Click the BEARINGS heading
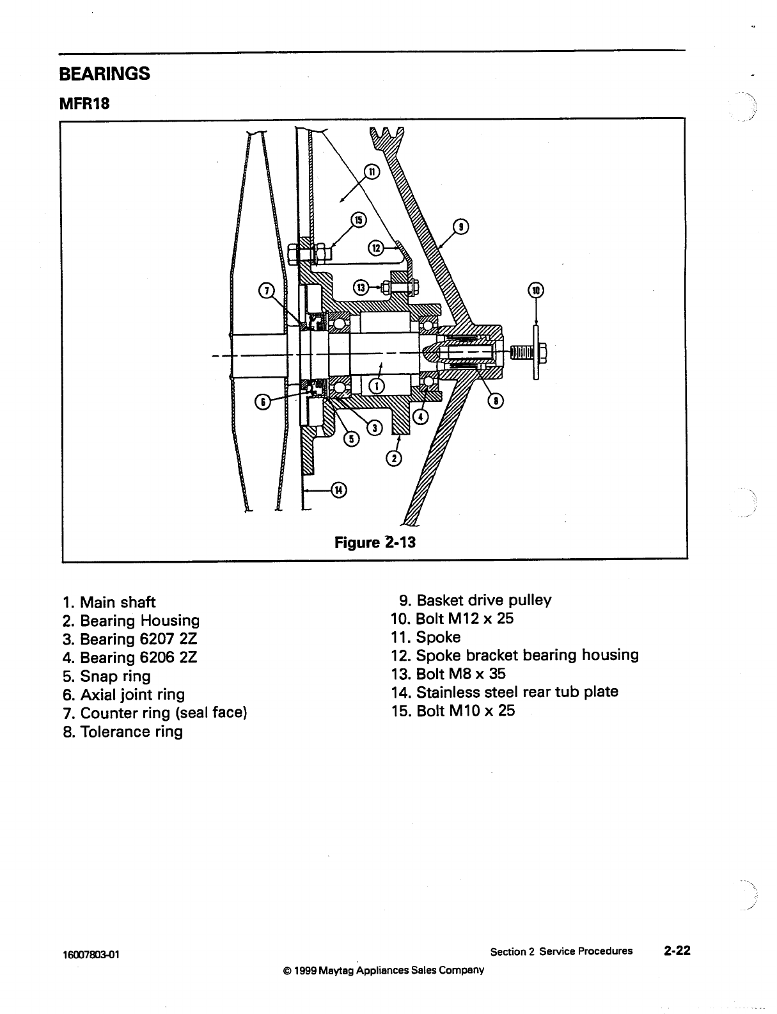tap(104, 74)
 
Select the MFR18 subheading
tap(84, 103)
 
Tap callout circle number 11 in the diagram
tap(372, 171)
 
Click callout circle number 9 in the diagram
tap(460, 227)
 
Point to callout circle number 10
tap(535, 290)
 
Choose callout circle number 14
tap(338, 490)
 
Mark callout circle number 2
tap(395, 458)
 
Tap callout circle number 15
tap(358, 220)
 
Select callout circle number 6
tap(262, 401)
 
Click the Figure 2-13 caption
tap(375, 542)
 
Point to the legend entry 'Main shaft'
tap(109, 602)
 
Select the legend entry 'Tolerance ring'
tap(123, 732)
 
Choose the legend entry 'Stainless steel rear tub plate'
tap(505, 692)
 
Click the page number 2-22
tap(677, 951)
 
